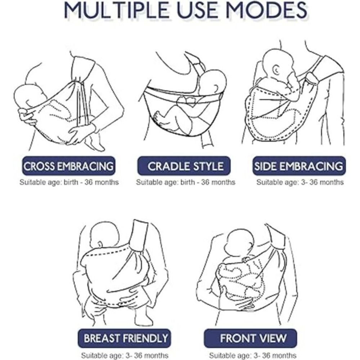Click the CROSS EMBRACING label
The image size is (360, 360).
tap(68, 166)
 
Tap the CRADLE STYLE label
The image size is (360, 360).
tap(184, 166)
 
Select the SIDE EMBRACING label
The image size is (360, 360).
tap(299, 166)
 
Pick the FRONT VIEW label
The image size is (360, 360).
tap(251, 338)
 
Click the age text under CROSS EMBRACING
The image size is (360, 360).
tap(69, 182)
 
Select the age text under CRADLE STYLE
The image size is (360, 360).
tap(186, 182)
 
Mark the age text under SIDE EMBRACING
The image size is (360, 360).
tap(300, 182)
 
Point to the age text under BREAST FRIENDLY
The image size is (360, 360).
tap(125, 355)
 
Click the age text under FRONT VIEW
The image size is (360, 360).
tap(253, 355)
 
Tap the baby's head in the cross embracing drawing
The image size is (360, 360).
tap(28, 96)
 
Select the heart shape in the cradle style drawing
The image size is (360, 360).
tap(188, 101)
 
